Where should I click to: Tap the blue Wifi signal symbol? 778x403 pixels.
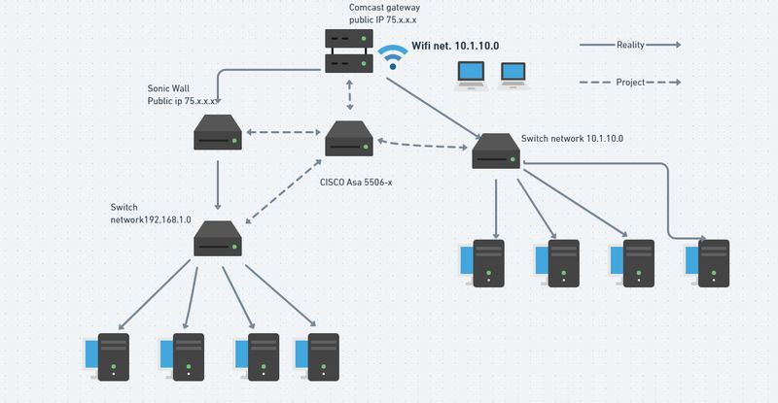(393, 57)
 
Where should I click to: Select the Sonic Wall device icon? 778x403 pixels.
(218, 133)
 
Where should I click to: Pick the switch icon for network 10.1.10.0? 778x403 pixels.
(497, 151)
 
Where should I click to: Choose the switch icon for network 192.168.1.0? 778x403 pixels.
(218, 239)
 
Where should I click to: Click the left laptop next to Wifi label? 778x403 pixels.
(473, 73)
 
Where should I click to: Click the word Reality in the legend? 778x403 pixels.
(630, 45)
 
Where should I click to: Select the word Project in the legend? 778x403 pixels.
(630, 83)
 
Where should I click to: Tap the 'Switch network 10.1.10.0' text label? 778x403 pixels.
(572, 139)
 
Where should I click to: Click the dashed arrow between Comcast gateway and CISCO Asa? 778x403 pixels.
(348, 96)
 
